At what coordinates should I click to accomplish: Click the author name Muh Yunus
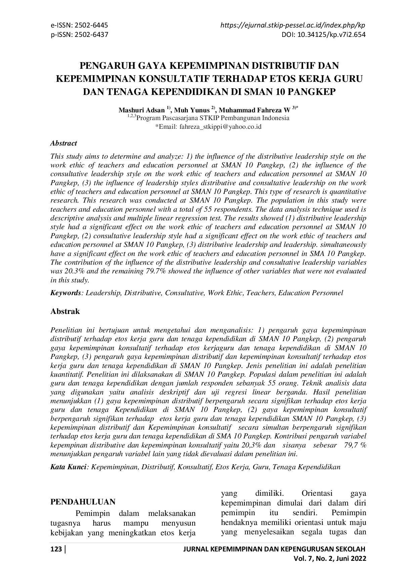point(192,110)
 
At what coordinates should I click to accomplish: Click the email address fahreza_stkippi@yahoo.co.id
point(220,127)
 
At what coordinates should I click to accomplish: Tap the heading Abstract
point(64,143)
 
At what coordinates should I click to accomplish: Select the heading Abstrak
point(65,311)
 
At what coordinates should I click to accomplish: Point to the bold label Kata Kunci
point(69,467)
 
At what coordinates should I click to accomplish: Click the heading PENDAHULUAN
point(83,502)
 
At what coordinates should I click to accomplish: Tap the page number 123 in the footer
point(56,549)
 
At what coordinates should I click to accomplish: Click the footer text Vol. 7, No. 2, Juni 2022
point(330,558)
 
